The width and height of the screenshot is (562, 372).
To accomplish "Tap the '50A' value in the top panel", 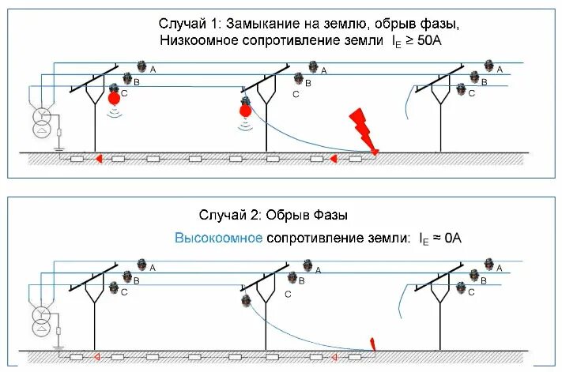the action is (x=428, y=40).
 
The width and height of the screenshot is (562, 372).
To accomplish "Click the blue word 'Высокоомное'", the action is (x=219, y=236).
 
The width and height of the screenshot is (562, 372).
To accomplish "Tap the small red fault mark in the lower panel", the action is (x=373, y=344).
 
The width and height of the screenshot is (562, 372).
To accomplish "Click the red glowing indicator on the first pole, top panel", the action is (x=115, y=97).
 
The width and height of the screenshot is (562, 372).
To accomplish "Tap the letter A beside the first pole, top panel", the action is (x=153, y=70).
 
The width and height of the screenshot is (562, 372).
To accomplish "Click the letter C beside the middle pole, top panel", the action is (x=296, y=95).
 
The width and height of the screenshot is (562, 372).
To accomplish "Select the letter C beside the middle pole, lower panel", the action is (x=287, y=293).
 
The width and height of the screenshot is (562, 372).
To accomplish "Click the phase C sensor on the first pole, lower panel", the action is (x=114, y=288).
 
